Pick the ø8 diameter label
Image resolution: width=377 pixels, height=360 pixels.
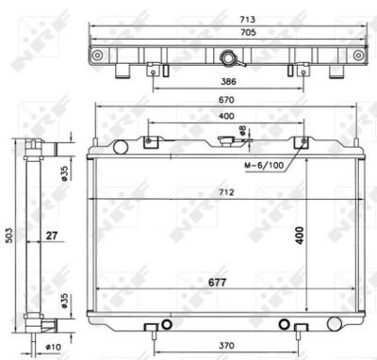coord(243,131)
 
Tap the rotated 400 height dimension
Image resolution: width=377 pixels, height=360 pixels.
coord(301,235)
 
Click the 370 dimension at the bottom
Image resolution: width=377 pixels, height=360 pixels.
coord(222,347)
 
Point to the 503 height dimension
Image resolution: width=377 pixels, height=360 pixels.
coord(8,234)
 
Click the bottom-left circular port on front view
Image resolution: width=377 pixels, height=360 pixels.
coord(167,325)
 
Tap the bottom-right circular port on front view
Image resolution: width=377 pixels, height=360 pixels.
coord(284,325)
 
